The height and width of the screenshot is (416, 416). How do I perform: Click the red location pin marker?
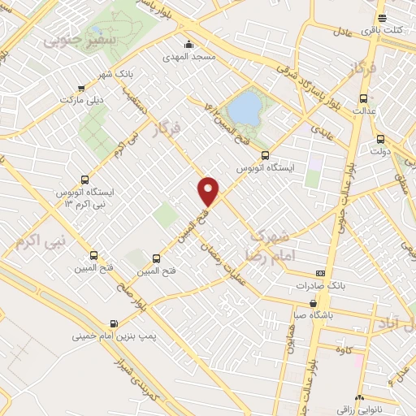coord(210,191)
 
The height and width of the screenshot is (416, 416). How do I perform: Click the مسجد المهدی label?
coord(190,58)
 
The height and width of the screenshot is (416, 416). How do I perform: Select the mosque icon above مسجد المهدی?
coord(189,44)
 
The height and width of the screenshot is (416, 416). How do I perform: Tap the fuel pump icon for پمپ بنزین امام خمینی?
coord(112,320)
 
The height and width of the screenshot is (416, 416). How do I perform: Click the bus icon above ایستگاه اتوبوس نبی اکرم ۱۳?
coord(85,179)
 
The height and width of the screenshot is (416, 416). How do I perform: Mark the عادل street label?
coord(342,31)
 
